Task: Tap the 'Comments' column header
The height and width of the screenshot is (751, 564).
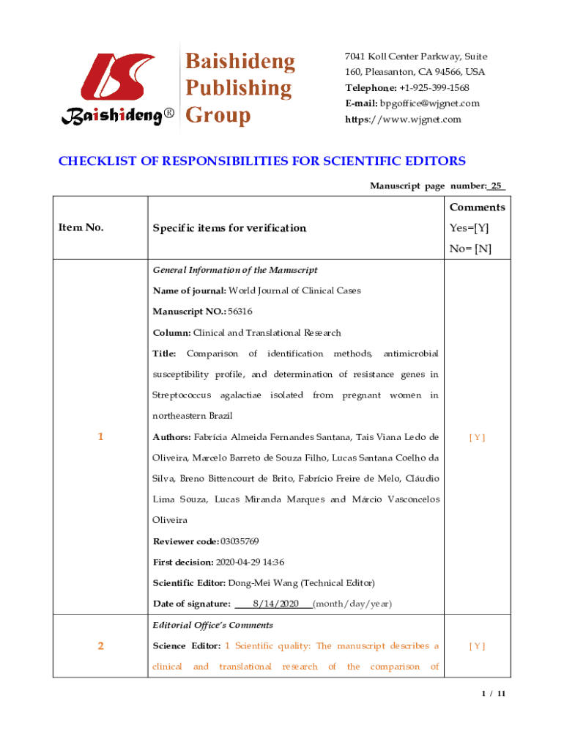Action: [477, 208]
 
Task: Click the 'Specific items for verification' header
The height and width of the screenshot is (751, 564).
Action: [229, 228]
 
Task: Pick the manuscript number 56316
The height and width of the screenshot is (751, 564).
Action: [240, 312]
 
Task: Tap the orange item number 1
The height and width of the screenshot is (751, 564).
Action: [100, 437]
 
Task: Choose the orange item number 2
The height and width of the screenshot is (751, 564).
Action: [100, 646]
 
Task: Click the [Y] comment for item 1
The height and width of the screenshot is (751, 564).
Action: [477, 438]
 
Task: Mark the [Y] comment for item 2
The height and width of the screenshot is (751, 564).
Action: [477, 646]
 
